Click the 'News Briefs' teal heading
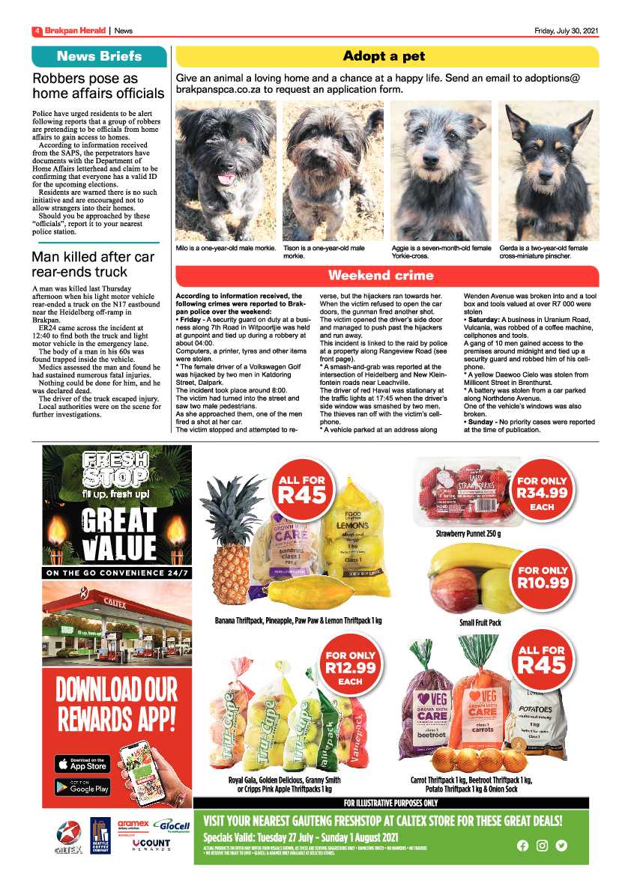click(x=99, y=57)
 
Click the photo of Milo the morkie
click(x=225, y=170)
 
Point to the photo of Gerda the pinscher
click(x=549, y=170)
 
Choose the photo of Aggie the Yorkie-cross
click(x=441, y=170)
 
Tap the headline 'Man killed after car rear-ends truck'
click(x=93, y=264)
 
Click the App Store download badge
click(x=82, y=764)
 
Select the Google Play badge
click(x=82, y=787)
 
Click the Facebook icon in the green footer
click(x=522, y=846)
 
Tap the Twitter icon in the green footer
click(x=561, y=846)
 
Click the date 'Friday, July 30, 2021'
click(x=566, y=31)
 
